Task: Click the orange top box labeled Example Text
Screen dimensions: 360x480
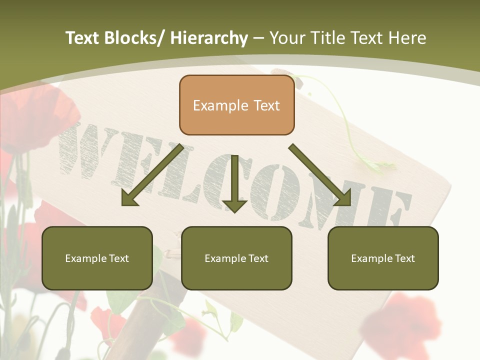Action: point(236,105)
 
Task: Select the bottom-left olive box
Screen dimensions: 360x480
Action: point(97,258)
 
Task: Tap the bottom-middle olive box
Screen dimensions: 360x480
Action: point(236,258)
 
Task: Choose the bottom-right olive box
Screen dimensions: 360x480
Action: point(383,258)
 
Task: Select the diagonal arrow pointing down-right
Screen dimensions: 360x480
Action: point(320,175)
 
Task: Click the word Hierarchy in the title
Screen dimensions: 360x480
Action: point(208,38)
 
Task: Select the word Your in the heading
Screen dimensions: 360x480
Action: point(287,38)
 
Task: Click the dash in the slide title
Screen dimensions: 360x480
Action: point(258,38)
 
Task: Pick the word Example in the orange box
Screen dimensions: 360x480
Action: point(220,105)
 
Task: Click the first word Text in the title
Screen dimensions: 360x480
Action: point(82,38)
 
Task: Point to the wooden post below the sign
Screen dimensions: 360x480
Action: point(145,320)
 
